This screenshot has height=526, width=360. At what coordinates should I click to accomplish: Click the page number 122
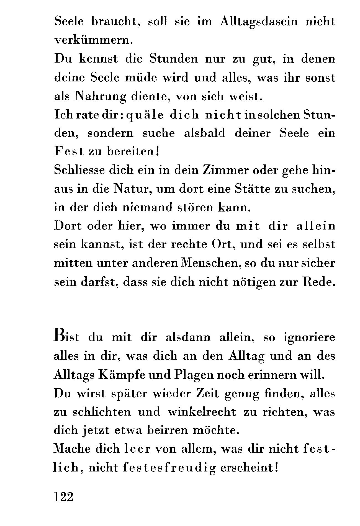(63, 497)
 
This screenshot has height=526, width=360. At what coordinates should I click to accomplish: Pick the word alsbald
(204, 133)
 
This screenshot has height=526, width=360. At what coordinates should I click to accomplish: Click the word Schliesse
(79, 170)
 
